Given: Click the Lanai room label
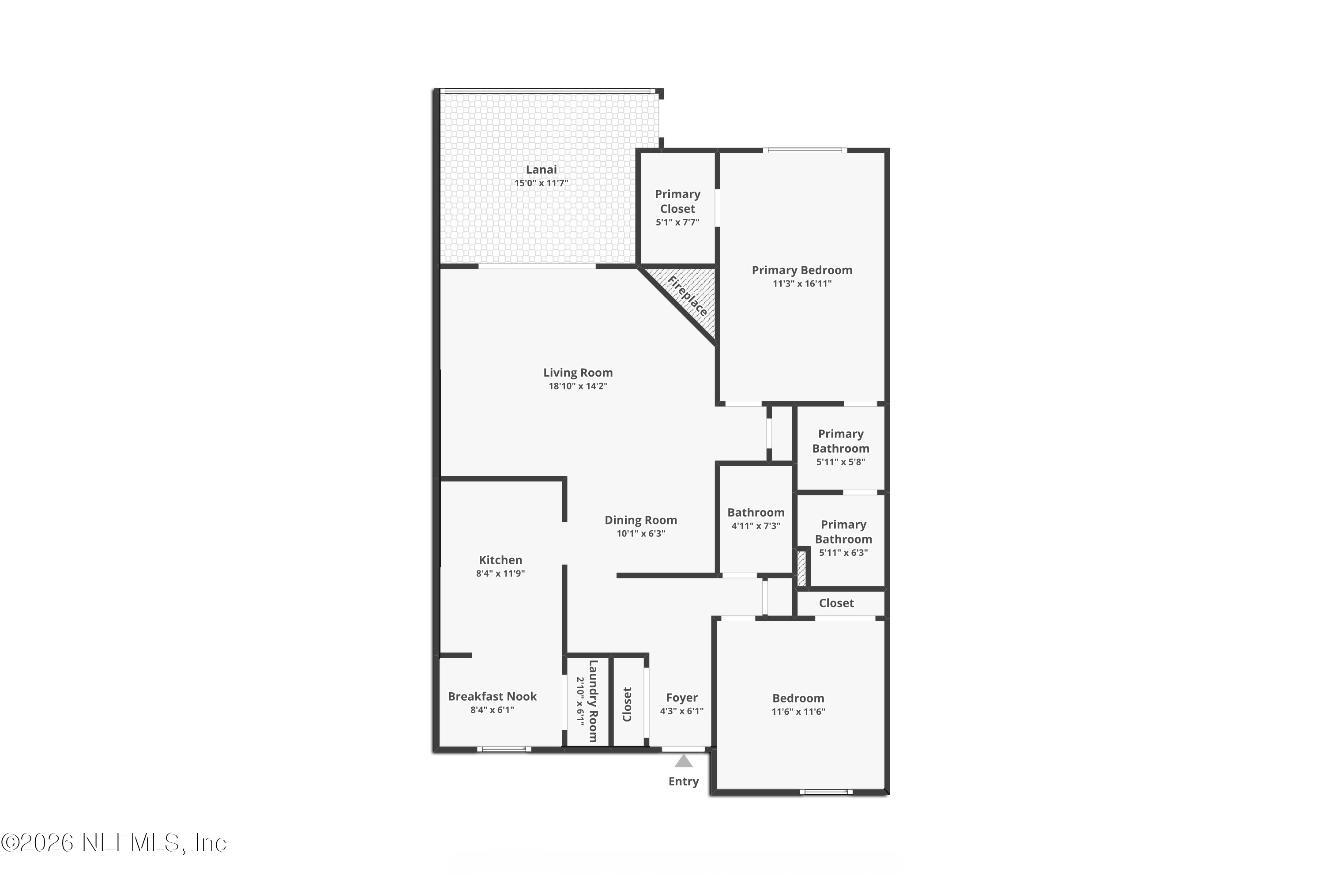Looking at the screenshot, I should click(541, 170).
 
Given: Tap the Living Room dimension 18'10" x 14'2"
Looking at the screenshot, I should click(578, 386).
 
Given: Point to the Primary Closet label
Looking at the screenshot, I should click(677, 201).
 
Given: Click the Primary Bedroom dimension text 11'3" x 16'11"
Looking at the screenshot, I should click(801, 284).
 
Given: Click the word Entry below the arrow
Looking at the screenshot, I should click(683, 781).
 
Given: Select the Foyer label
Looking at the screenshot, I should click(682, 698).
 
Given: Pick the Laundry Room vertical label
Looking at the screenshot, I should click(593, 701).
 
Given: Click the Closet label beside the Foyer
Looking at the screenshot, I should click(627, 704).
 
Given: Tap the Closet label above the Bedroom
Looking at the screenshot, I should click(836, 603).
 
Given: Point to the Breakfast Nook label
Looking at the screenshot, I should click(492, 697).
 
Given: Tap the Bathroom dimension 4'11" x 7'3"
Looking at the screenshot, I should click(756, 526).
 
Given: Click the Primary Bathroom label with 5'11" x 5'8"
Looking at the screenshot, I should click(840, 441).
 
